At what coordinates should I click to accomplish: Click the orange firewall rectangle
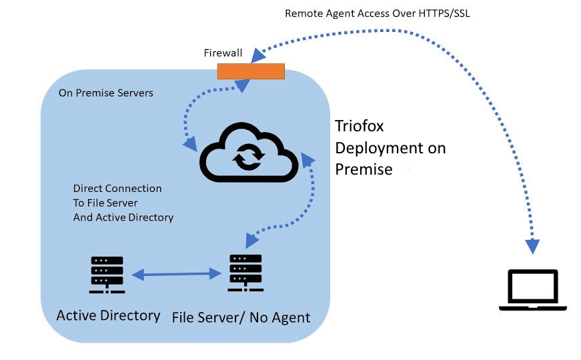(x=251, y=70)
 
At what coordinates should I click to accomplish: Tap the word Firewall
(x=222, y=53)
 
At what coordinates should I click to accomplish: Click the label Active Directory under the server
(x=108, y=315)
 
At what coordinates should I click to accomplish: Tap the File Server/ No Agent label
(x=241, y=317)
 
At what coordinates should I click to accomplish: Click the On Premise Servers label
(x=105, y=93)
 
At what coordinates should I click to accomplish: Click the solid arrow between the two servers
(x=177, y=273)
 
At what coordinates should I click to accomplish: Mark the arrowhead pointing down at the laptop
(x=533, y=246)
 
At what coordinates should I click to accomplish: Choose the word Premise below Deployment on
(x=364, y=169)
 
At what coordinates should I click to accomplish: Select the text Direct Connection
(x=117, y=189)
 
